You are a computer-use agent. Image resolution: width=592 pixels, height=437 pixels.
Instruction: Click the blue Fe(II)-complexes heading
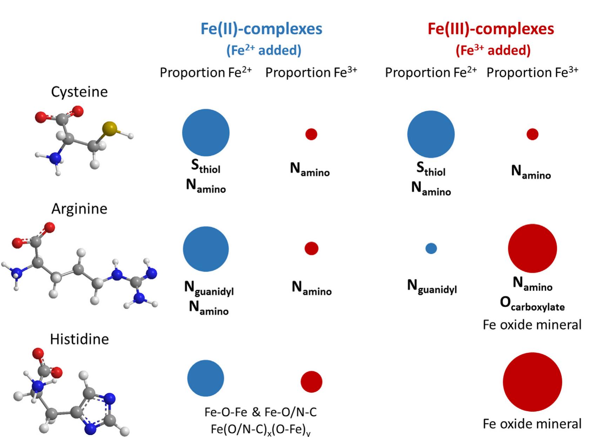point(261,29)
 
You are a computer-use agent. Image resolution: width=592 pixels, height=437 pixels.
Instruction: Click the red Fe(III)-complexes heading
point(491,29)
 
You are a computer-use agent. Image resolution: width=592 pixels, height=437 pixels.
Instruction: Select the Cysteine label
point(79,92)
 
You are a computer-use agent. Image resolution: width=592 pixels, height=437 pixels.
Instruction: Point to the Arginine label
point(79,209)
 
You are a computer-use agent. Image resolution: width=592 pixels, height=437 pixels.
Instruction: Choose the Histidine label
point(79,339)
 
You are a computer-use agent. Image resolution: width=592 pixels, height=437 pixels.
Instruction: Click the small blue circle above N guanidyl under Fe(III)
point(431,248)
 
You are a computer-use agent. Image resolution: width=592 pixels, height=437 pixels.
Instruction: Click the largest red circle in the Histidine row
point(532,382)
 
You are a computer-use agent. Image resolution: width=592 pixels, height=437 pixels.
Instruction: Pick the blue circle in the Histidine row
point(206,378)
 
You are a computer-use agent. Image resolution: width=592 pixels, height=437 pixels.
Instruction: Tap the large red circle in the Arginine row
point(532,248)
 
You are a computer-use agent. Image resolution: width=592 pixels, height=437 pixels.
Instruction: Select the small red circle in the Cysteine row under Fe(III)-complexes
point(532,134)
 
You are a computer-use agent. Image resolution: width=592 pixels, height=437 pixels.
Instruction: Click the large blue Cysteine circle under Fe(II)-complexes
point(206,133)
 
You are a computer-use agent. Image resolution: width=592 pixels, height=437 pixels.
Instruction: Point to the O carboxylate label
point(532,304)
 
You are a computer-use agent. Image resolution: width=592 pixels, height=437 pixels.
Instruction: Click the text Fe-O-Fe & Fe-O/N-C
point(261,412)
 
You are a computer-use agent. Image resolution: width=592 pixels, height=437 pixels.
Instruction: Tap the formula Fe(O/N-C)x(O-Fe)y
point(261,429)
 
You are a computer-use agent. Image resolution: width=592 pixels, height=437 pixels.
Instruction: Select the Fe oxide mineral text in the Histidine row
point(532,424)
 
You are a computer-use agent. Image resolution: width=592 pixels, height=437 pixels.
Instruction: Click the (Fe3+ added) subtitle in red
point(493,50)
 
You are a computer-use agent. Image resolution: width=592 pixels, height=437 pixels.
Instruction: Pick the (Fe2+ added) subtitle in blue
point(264,50)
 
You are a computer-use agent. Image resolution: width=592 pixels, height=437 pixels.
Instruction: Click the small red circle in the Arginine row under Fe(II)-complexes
point(311,248)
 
